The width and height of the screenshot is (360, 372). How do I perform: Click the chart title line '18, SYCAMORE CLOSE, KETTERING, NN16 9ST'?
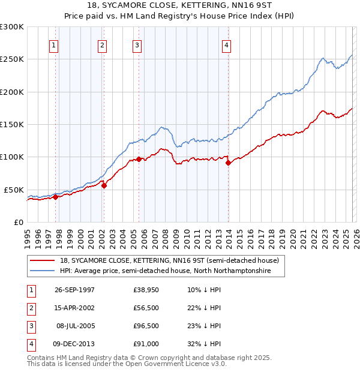point(180,5)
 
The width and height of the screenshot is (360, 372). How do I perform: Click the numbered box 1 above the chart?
point(55,45)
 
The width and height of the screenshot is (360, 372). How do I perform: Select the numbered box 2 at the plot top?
point(103,45)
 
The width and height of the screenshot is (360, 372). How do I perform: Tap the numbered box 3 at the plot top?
point(137,45)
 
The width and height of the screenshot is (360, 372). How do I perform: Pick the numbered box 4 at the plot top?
point(227,45)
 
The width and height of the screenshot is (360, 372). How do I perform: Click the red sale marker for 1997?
point(55,196)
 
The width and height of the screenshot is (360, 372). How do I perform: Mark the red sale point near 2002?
point(104,185)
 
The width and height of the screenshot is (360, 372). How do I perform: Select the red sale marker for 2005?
point(139,159)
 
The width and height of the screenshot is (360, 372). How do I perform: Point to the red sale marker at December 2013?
point(228,163)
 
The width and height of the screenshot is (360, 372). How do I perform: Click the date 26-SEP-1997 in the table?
point(74,290)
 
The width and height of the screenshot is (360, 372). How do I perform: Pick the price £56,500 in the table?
point(146,308)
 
